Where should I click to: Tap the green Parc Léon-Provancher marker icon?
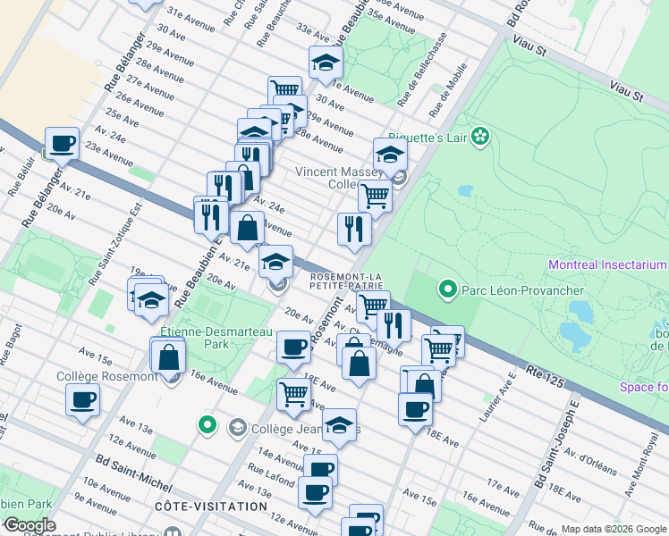tap(446, 290)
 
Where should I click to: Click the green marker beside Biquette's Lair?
tap(480, 136)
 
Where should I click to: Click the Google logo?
tap(29, 525)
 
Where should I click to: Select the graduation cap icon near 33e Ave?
tap(326, 62)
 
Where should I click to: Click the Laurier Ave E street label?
tap(498, 387)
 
